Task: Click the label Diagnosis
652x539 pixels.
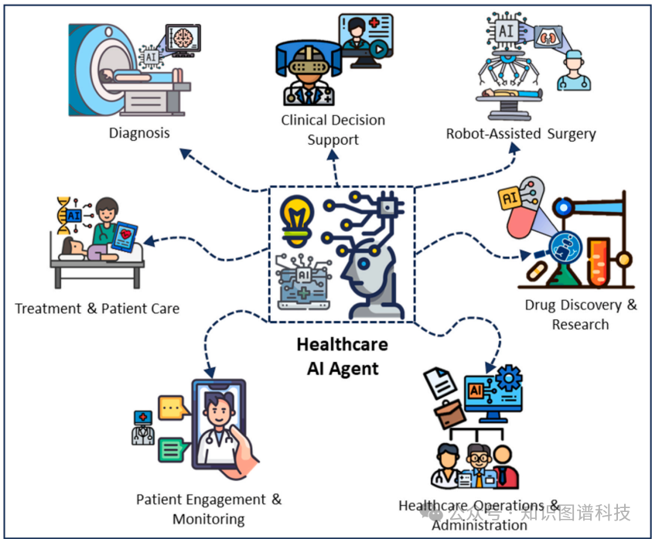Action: tap(139, 132)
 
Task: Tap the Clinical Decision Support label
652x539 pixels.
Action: tap(333, 129)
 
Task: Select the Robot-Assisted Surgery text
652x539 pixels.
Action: tap(521, 133)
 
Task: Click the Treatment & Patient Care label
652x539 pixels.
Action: tap(97, 309)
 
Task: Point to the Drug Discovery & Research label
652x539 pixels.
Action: tap(581, 314)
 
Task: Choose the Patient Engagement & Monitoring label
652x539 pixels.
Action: tap(209, 509)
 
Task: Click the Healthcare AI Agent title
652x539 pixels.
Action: tap(343, 356)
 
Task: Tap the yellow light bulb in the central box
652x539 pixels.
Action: tap(297, 216)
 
